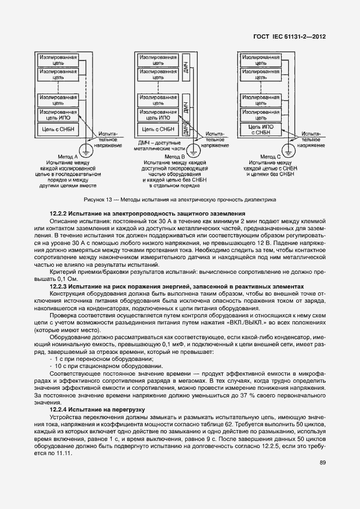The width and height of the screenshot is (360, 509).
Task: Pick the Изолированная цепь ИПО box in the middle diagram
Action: click(158, 114)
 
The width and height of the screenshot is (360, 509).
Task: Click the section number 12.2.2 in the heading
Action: click(58, 213)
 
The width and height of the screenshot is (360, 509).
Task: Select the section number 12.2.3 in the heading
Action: click(58, 286)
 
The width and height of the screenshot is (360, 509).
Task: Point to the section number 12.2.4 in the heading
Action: click(58, 408)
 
